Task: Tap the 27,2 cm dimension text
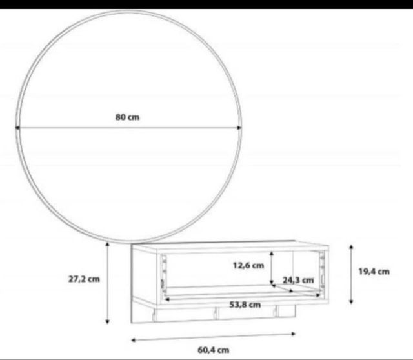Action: tap(84, 279)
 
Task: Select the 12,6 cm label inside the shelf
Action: tap(248, 265)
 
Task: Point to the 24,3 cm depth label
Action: tap(297, 280)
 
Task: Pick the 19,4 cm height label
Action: tap(374, 272)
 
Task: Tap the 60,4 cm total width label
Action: tap(214, 350)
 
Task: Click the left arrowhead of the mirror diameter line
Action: tap(18, 128)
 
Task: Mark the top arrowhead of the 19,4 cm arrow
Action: tap(350, 246)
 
